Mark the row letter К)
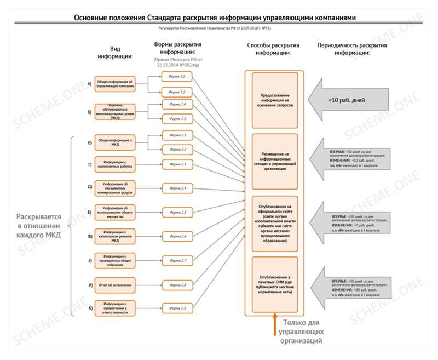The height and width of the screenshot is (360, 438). pyautogui.click(x=89, y=308)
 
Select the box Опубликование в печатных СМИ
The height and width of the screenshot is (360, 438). pyautogui.click(x=275, y=284)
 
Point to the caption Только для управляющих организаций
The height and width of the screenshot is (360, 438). pyautogui.click(x=302, y=332)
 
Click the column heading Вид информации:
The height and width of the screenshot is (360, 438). pyautogui.click(x=114, y=52)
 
